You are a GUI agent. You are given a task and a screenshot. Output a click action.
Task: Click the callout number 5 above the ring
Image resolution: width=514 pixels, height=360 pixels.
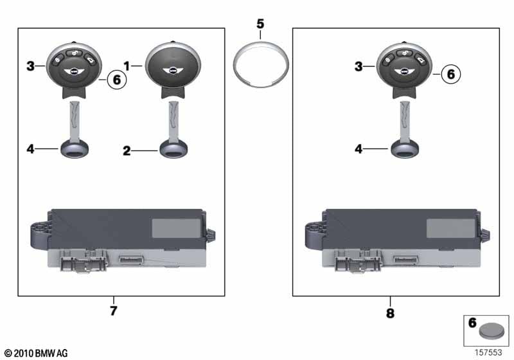click(x=260, y=24)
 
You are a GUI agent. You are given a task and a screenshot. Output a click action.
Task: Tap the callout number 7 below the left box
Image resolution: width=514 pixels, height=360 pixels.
click(x=114, y=310)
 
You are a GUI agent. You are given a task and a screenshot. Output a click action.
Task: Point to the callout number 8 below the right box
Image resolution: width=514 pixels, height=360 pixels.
click(x=390, y=313)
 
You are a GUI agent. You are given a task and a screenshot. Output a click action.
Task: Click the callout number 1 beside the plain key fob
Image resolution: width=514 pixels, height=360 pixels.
click(x=127, y=66)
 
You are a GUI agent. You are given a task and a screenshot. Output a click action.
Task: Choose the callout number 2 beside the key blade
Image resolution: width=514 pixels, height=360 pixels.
click(x=127, y=151)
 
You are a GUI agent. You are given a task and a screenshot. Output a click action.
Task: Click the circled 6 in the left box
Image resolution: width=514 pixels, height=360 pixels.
click(x=117, y=80)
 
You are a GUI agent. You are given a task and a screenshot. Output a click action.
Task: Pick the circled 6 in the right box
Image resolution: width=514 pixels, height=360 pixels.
click(x=451, y=74)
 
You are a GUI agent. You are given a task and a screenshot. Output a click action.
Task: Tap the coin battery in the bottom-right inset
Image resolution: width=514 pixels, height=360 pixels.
click(x=492, y=331)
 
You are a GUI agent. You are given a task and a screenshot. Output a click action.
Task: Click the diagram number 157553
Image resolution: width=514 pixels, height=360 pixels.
click(x=488, y=352)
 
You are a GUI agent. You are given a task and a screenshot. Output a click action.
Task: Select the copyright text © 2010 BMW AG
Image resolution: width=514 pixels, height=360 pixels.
click(x=36, y=353)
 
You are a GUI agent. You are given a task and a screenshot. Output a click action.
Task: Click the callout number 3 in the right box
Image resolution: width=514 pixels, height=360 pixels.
click(x=359, y=67)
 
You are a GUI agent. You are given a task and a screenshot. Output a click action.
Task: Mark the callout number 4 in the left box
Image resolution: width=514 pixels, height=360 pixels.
click(x=30, y=149)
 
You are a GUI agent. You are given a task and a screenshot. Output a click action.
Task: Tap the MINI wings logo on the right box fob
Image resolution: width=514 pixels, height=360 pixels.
click(x=405, y=71)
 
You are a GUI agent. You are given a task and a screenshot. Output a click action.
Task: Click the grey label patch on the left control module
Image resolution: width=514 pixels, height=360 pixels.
click(x=176, y=228)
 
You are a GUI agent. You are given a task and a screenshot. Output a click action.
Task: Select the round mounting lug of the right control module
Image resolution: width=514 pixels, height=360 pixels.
click(x=314, y=235)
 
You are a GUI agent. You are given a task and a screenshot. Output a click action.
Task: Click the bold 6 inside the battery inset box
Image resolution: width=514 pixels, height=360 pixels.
click(x=472, y=323)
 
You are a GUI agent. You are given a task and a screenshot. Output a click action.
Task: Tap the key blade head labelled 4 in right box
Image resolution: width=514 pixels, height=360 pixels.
click(x=405, y=148)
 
